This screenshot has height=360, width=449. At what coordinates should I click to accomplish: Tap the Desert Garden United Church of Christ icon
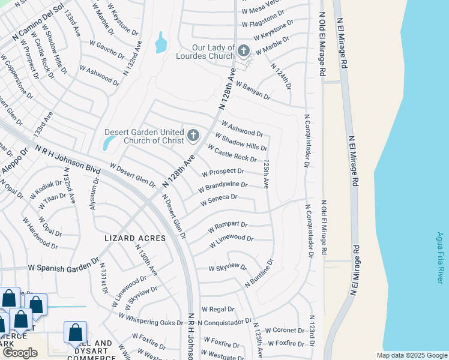coord(193,136)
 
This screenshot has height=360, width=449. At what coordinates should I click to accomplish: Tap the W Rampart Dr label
coord(228,227)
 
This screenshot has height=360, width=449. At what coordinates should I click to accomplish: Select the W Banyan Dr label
coord(253,92)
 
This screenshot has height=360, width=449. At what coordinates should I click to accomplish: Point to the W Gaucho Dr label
coord(106,50)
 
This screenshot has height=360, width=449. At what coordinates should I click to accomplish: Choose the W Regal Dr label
coord(217,309)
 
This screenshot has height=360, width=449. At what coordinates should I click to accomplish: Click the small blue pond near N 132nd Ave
coord(161,44)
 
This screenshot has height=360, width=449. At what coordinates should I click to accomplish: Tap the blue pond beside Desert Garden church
coord(108,143)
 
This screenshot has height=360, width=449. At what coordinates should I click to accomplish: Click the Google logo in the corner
coord(20,353)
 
